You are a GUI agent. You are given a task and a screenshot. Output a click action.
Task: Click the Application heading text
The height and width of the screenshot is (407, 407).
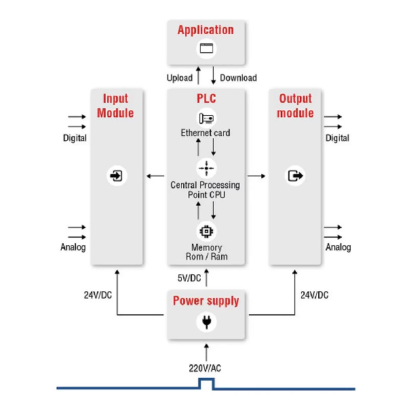(206, 30)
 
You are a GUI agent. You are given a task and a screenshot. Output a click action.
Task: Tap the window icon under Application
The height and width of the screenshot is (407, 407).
(206, 49)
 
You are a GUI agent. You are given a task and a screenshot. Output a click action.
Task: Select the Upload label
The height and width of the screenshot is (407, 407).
(180, 78)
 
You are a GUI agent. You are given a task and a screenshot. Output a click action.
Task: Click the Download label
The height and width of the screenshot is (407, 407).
(238, 78)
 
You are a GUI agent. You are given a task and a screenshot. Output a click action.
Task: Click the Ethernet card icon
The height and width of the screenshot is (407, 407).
(206, 118)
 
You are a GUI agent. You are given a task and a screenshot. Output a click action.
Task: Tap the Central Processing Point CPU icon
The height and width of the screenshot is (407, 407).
(206, 167)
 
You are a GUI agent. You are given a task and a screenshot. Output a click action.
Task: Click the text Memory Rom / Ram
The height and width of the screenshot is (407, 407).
(206, 252)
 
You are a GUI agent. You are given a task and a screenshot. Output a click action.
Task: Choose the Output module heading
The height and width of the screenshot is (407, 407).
(296, 106)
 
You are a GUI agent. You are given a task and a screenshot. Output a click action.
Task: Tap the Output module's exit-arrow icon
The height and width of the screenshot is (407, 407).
(296, 176)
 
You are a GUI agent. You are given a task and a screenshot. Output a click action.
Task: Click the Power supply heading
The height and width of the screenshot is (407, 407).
(206, 301)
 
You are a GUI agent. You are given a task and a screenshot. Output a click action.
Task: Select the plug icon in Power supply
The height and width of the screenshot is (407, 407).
(206, 322)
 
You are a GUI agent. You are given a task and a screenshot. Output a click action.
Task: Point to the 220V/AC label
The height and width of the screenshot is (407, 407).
(205, 368)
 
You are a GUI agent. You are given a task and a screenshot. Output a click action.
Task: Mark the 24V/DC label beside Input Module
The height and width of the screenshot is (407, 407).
(98, 295)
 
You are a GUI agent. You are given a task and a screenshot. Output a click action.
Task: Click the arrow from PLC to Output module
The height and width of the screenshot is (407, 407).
(256, 176)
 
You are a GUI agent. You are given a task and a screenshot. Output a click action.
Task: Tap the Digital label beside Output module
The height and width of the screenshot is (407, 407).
(337, 138)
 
